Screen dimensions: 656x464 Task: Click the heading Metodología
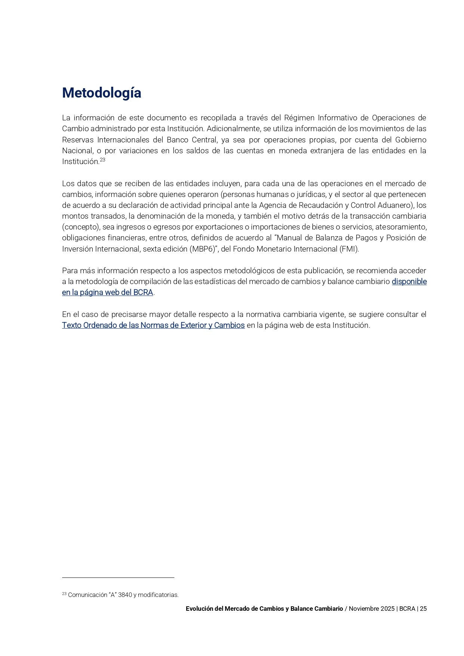coord(101,93)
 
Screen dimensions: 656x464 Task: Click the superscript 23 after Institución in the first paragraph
coord(102,160)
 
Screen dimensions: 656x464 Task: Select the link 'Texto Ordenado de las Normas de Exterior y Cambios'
coord(153,325)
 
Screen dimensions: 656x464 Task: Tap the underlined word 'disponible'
coord(409,281)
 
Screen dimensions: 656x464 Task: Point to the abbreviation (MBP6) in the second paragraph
coord(202,249)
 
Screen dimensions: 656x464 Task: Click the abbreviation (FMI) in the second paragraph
coord(349,249)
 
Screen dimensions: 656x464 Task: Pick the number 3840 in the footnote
coord(125,595)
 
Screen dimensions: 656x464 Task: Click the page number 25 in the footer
coord(423,609)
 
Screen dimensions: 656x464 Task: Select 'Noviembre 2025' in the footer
coord(372,609)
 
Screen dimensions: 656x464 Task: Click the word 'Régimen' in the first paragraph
coord(299,118)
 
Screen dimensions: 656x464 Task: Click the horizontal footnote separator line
coord(118,578)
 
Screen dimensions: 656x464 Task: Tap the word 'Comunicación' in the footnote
coord(87,595)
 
